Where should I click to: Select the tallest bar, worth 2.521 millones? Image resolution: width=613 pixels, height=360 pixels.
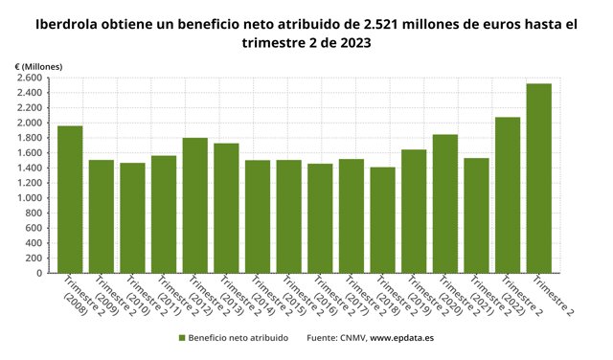[x=539, y=178]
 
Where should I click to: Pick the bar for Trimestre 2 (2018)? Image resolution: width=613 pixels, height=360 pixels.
[x=383, y=219]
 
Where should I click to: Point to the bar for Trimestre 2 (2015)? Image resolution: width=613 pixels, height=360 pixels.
[x=289, y=216]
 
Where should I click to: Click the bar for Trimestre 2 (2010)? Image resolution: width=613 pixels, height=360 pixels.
[x=132, y=217]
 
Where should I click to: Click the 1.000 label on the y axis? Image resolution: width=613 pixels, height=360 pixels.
[x=28, y=198]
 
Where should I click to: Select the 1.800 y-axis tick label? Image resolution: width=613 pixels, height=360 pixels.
[x=28, y=138]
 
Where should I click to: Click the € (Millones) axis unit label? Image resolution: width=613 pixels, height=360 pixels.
[x=38, y=64]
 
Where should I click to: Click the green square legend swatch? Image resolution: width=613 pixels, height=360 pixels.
[x=181, y=338]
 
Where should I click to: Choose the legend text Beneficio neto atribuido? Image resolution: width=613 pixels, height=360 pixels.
[x=238, y=338]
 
